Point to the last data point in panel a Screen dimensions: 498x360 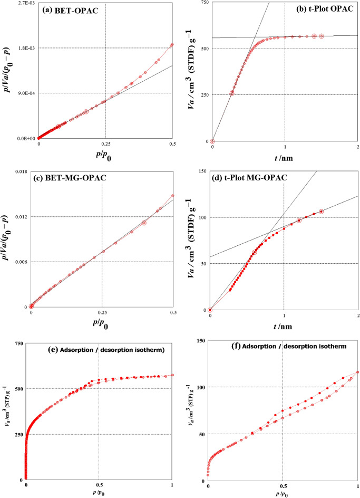coord(172,45)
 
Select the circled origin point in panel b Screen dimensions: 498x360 coord(212,141)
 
